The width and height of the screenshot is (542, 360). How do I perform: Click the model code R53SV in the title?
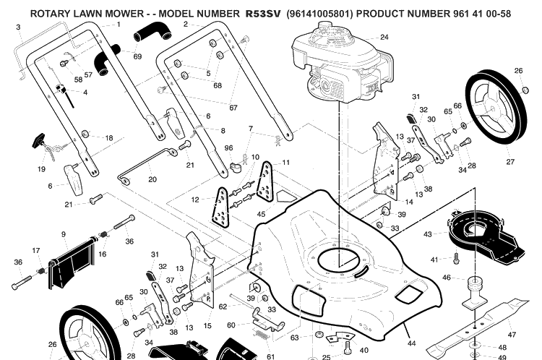pyautogui.click(x=263, y=14)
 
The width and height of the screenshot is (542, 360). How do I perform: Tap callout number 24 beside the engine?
pyautogui.click(x=384, y=37)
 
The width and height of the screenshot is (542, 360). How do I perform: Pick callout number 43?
pyautogui.click(x=428, y=234)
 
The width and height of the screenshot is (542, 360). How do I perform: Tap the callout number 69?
pyautogui.click(x=137, y=56)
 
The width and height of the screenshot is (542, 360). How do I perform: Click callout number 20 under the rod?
pyautogui.click(x=152, y=179)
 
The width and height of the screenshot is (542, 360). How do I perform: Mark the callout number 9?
pyautogui.click(x=64, y=234)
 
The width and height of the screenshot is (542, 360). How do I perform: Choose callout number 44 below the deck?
pyautogui.click(x=411, y=343)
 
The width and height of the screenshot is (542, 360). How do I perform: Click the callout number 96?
pyautogui.click(x=228, y=148)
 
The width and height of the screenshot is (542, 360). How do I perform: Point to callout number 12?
pyautogui.click(x=195, y=200)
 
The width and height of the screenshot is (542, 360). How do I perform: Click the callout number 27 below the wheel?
pyautogui.click(x=510, y=161)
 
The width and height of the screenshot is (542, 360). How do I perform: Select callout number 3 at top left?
pyautogui.click(x=18, y=27)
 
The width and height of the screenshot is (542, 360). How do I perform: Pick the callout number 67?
pyautogui.click(x=233, y=108)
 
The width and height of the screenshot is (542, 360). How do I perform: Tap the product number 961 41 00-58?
pyautogui.click(x=481, y=14)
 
